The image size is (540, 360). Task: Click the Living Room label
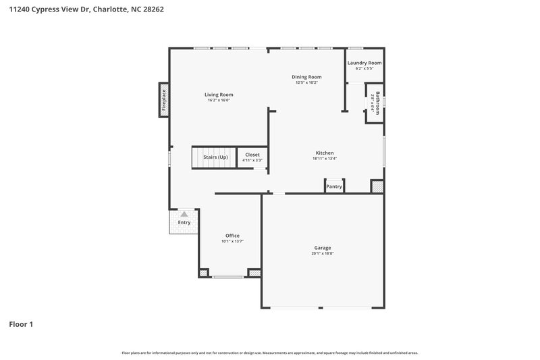coord(219,95)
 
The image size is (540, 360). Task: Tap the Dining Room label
coord(306,77)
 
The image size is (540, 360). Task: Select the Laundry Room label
coord(364,63)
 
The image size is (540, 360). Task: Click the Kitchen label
coord(325,153)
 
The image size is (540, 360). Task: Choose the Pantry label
coord(334,186)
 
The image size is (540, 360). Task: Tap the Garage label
coord(322,248)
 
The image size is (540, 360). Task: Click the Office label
coord(232,236)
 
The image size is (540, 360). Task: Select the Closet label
coord(252,155)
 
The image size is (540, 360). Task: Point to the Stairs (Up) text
coord(215,157)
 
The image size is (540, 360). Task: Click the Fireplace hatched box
coord(163,100)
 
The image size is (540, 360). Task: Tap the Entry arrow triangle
coord(184,214)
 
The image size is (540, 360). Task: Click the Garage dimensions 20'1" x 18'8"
coord(323,253)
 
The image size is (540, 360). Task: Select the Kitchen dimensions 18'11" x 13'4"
coord(324,159)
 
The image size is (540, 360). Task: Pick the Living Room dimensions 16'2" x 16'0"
coord(219,100)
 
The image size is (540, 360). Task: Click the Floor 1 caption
coord(21,324)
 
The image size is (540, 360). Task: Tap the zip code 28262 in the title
coord(152,9)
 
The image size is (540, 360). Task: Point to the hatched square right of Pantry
coord(377,186)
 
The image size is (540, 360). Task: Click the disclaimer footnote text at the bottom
coord(270,353)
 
